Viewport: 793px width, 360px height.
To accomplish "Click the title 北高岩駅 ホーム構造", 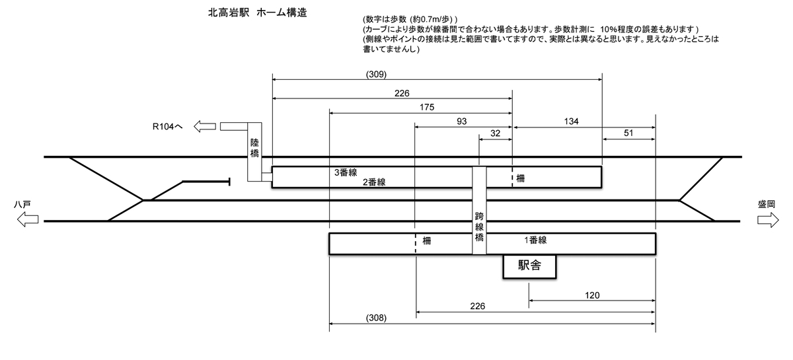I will (257, 13).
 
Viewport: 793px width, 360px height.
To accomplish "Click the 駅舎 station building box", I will (529, 266).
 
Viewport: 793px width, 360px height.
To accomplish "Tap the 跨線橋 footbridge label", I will (480, 226).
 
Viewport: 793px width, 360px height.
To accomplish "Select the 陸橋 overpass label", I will (255, 148).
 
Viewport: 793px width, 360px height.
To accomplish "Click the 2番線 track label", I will (374, 182).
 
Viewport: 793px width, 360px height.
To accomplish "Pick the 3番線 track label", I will (346, 172).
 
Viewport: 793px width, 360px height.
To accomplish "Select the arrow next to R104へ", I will (205, 126).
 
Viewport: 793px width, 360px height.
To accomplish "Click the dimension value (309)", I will (375, 74).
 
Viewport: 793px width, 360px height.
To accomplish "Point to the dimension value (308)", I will (375, 318).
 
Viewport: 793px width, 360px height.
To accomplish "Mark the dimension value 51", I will (628, 133).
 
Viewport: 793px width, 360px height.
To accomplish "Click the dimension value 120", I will (592, 296).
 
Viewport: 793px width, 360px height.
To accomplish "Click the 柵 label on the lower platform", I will (427, 242).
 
